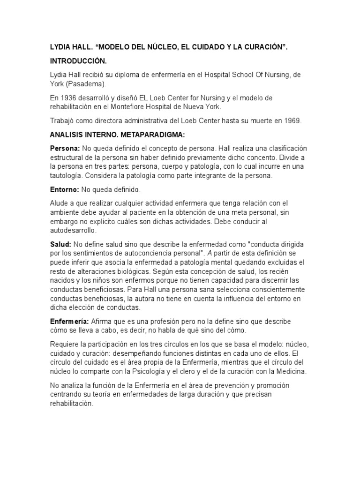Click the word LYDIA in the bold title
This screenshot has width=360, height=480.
click(x=60, y=48)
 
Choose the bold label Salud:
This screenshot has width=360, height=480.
click(x=60, y=244)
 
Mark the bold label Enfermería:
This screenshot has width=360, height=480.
click(x=69, y=322)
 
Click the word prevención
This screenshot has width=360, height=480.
click(x=219, y=385)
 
